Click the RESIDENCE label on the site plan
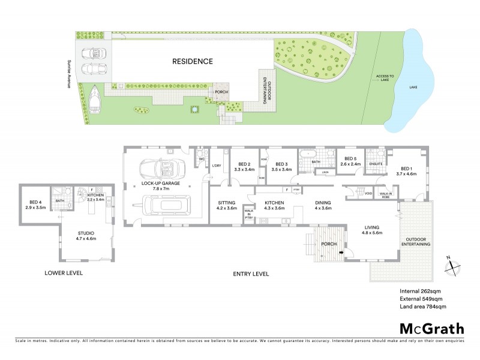pos(193,61)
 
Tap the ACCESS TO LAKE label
pos(385,79)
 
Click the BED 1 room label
pos(406,171)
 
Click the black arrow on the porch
pos(342,253)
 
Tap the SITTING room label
pos(227,205)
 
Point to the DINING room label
pos(323,205)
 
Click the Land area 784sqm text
pos(423,307)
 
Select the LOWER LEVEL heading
pos(64,273)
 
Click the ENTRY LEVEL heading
pos(251,274)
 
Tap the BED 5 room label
pos(350,161)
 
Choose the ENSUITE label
pos(376,164)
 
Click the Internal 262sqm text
pos(421,292)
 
